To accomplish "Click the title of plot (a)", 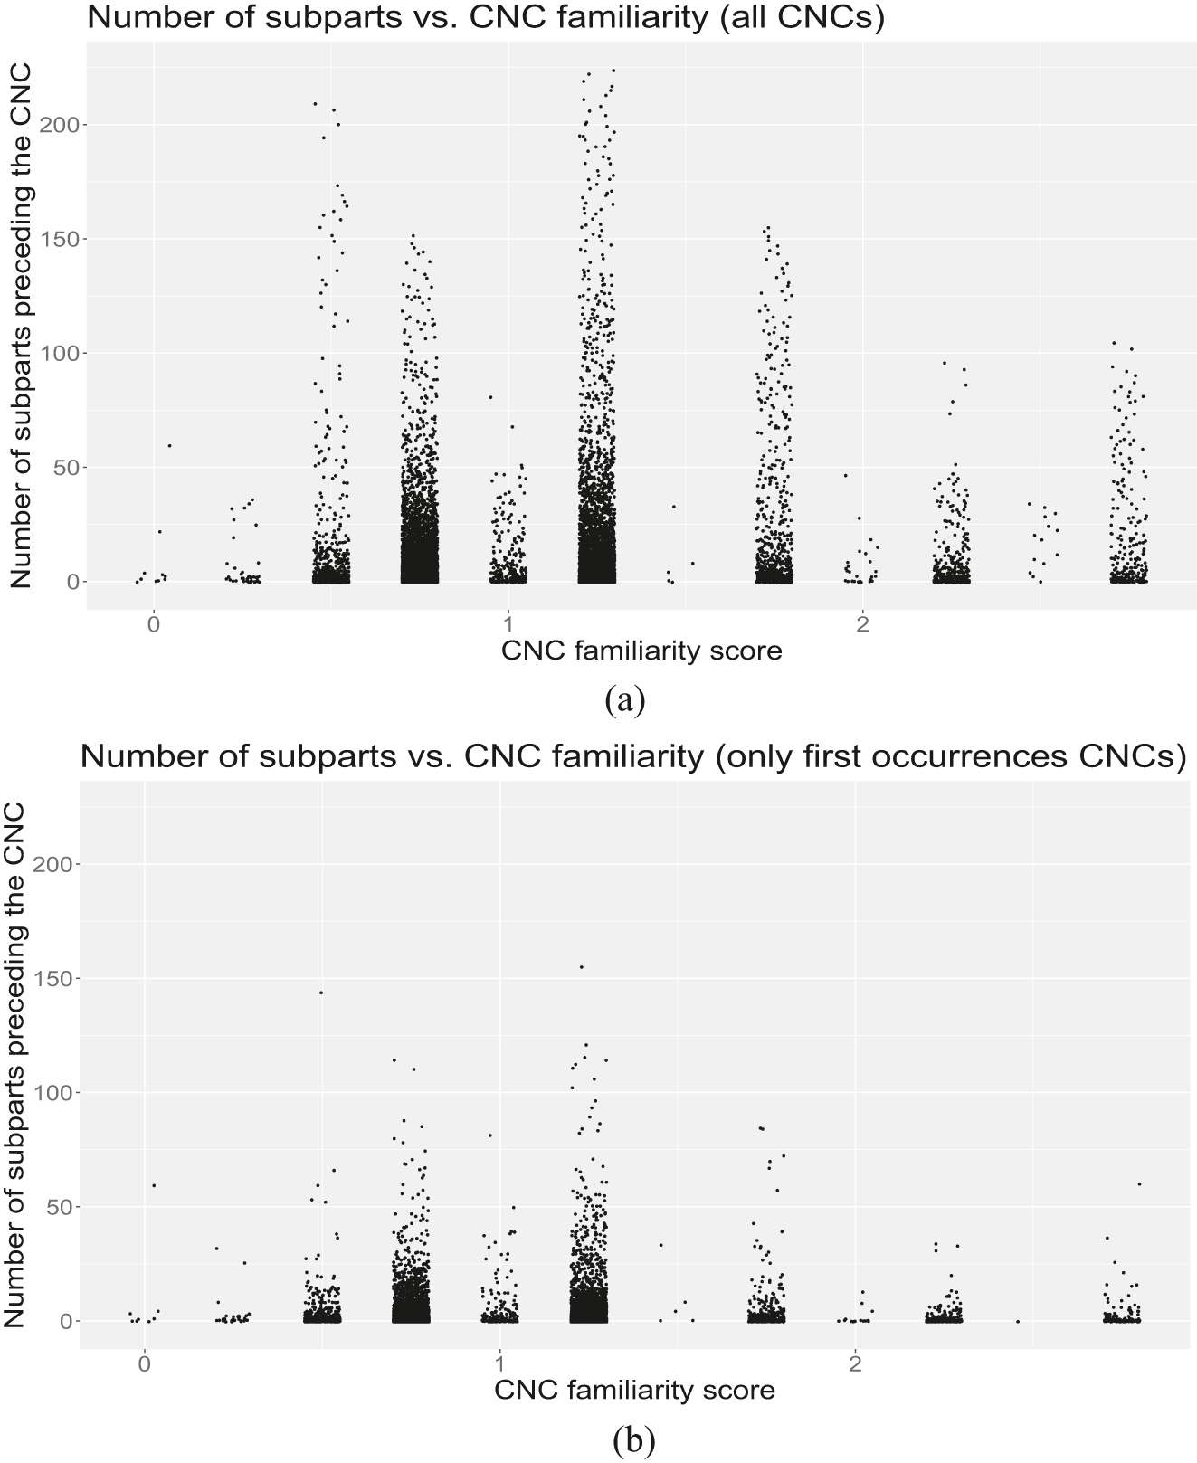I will (485, 19).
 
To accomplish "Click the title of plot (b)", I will (632, 756).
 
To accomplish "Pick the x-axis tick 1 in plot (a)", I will (508, 624).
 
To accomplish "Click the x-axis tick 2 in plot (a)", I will (863, 624).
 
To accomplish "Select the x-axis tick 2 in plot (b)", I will (854, 1363).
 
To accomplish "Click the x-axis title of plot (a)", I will (641, 650).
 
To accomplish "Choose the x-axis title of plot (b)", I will (634, 1390).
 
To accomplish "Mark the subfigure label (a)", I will (627, 699).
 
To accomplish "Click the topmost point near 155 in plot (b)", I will (582, 967).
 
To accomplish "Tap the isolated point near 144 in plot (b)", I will (320, 993).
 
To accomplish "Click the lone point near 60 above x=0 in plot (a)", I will (169, 445).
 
